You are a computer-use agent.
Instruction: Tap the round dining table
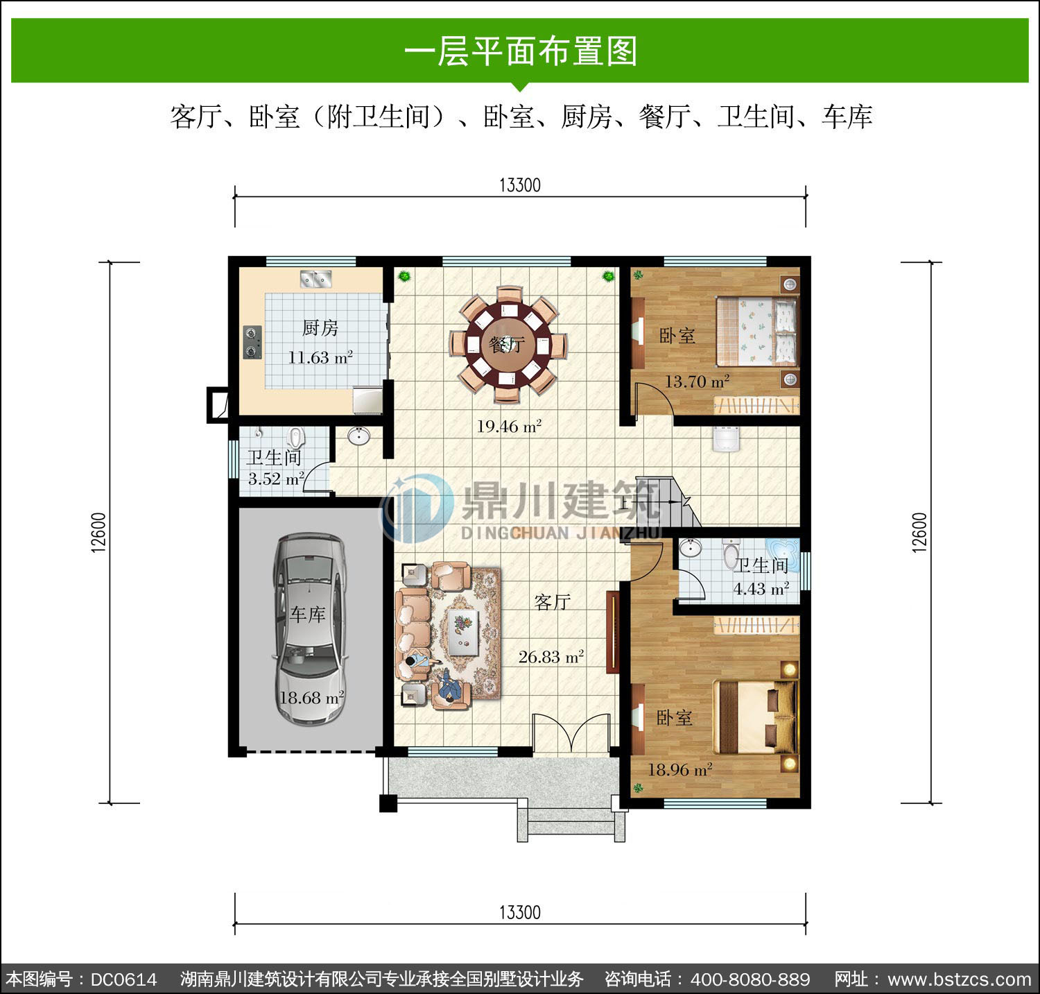(x=508, y=344)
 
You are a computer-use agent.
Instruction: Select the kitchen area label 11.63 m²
(x=320, y=358)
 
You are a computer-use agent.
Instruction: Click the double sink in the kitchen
(x=316, y=279)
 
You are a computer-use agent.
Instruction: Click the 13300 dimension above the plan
(x=519, y=185)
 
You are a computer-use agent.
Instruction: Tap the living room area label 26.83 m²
(x=551, y=656)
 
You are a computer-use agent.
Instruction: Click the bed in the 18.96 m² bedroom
(x=756, y=717)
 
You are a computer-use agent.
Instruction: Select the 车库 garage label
(x=307, y=614)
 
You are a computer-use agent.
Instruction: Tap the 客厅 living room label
(x=552, y=601)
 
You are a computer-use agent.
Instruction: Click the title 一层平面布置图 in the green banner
(x=520, y=51)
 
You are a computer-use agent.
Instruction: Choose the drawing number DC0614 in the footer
(x=124, y=979)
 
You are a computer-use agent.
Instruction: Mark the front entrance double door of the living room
(x=571, y=734)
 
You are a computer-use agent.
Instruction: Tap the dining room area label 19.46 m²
(x=509, y=426)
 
